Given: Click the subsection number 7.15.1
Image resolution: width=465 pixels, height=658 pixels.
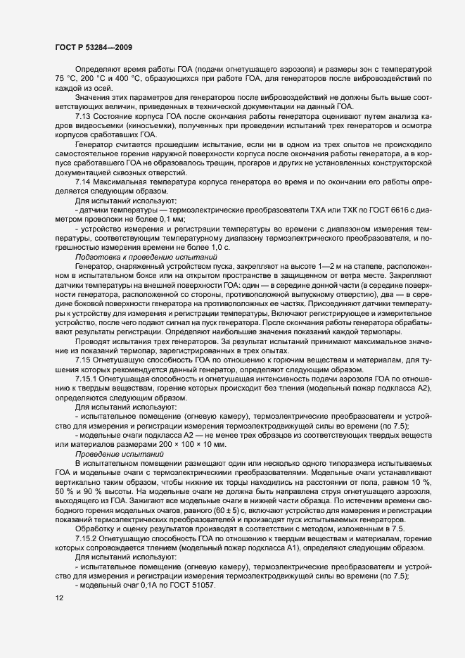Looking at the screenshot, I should click(x=87, y=378).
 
